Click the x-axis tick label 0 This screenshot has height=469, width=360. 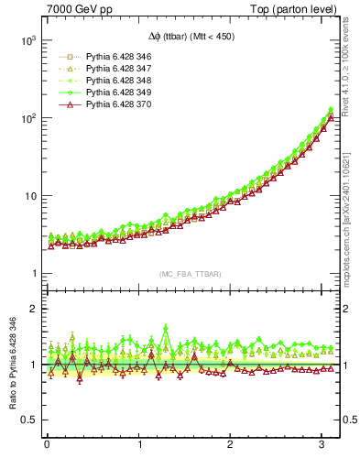tap(47, 446)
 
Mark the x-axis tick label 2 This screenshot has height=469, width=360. tap(230, 446)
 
